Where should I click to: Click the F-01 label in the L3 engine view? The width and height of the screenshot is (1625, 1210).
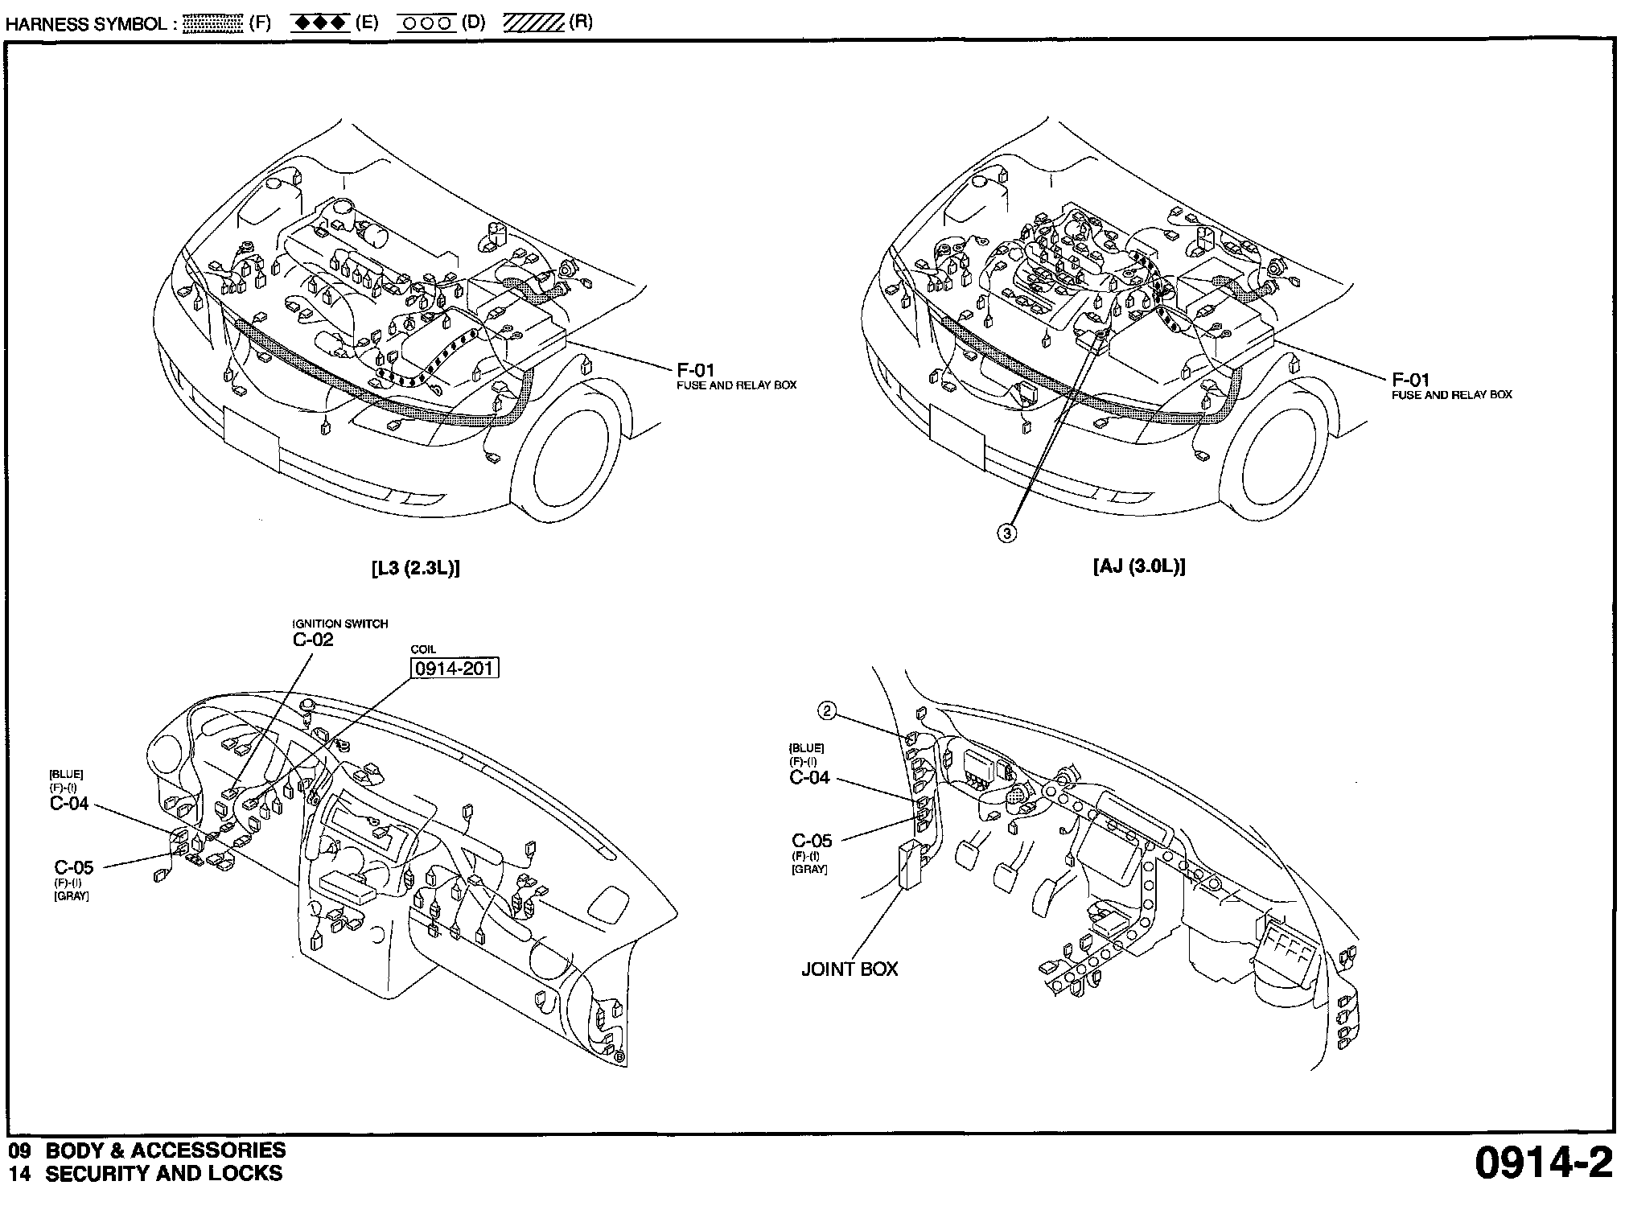click(x=695, y=370)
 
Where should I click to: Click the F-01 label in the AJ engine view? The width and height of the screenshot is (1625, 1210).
click(x=1411, y=380)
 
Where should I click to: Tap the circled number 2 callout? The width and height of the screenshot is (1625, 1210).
click(x=827, y=710)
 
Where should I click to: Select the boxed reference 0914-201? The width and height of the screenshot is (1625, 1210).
click(x=455, y=669)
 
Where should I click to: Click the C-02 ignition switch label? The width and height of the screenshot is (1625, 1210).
click(x=313, y=640)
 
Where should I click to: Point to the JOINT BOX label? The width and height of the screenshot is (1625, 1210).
click(x=850, y=969)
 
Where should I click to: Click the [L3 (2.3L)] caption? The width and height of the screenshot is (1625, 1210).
click(x=415, y=567)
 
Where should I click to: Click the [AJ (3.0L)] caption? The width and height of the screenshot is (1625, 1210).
click(x=1139, y=566)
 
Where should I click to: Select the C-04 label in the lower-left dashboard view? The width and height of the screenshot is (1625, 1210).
click(x=69, y=804)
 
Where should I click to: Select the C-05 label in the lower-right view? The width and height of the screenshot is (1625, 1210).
click(x=812, y=841)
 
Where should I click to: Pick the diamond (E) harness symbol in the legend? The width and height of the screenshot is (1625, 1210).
click(x=319, y=23)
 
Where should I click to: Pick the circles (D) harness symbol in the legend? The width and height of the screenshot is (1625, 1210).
click(x=426, y=23)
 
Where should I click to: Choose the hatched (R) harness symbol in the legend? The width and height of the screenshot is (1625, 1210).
click(x=533, y=23)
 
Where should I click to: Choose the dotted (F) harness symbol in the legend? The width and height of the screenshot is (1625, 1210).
click(x=213, y=23)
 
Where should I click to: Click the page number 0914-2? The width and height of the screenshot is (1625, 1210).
click(x=1543, y=1163)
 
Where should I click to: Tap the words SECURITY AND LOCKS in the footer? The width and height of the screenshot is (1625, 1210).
click(x=163, y=1174)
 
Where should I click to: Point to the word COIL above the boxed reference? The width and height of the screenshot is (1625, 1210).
click(x=423, y=650)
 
